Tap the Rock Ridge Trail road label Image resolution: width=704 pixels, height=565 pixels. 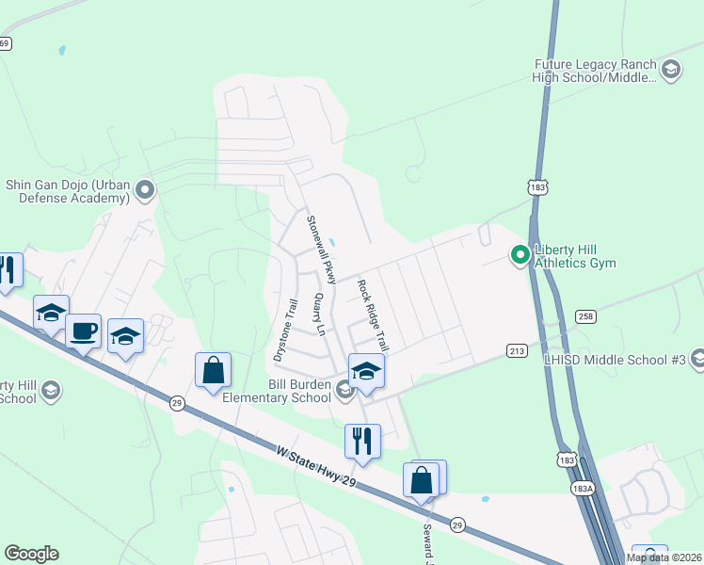pos(372,315)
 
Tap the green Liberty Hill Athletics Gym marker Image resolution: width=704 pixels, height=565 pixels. pos(519,254)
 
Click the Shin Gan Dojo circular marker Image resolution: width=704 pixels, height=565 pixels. pos(144,191)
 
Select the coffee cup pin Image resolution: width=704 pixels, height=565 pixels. pos(83,331)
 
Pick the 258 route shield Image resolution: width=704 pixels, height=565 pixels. pos(584,317)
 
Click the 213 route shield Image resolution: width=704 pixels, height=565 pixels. pos(517,350)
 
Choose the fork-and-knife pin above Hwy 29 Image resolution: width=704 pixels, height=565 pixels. pos(361,440)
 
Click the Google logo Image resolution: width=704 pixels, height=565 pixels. pos(31,554)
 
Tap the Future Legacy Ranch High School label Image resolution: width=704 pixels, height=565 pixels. pos(594,71)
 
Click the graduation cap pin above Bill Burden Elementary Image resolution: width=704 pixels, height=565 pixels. pos(366,371)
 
